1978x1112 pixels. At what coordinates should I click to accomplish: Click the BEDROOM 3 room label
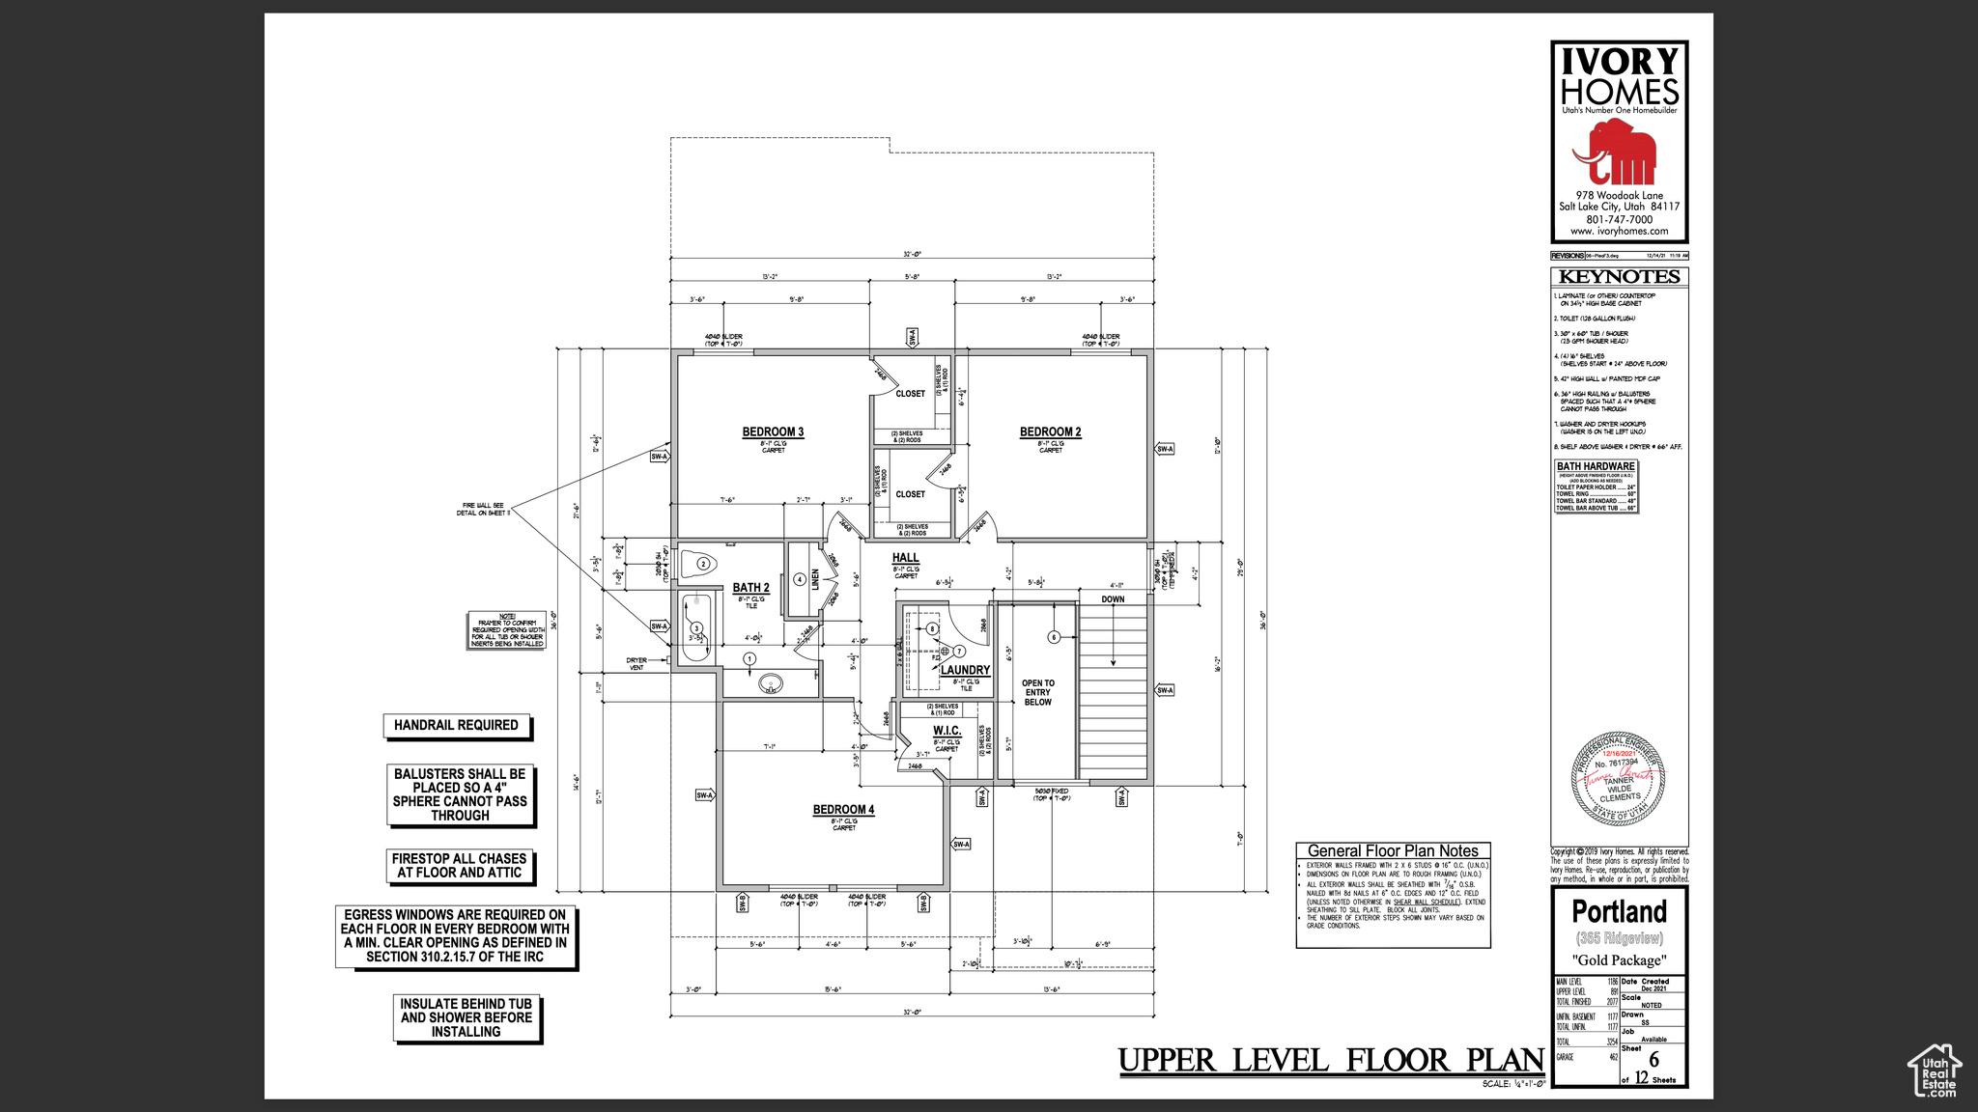click(x=773, y=431)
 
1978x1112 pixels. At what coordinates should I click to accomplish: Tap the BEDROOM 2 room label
click(x=1050, y=431)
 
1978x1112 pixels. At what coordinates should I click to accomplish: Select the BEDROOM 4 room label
click(x=843, y=810)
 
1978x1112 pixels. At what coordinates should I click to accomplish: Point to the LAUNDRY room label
click(x=965, y=670)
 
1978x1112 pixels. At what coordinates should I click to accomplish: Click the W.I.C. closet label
click(x=947, y=731)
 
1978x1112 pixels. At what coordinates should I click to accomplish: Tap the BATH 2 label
click(x=750, y=588)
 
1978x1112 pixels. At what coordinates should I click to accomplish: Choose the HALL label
click(x=905, y=558)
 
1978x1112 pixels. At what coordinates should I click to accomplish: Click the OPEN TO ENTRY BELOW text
click(x=1038, y=692)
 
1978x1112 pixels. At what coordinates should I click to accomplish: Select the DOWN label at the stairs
click(x=1113, y=599)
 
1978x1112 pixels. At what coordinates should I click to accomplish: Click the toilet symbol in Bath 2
click(x=698, y=564)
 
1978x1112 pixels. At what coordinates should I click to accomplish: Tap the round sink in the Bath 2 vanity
click(x=770, y=684)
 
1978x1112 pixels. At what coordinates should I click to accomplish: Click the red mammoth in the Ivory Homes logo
click(x=1614, y=154)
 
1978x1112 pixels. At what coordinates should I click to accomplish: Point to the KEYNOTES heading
click(x=1619, y=277)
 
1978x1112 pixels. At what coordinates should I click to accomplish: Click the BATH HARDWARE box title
click(x=1596, y=466)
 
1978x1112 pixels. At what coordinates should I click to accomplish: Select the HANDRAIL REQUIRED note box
click(x=456, y=725)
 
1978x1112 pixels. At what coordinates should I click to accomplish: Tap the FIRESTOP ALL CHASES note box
click(x=460, y=866)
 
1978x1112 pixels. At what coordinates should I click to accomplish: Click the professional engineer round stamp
click(x=1619, y=778)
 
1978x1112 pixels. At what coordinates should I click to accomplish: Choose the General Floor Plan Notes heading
click(x=1393, y=850)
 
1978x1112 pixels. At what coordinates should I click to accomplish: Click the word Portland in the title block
click(x=1619, y=911)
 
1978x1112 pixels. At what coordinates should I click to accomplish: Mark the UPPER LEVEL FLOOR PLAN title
click(x=1331, y=1060)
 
